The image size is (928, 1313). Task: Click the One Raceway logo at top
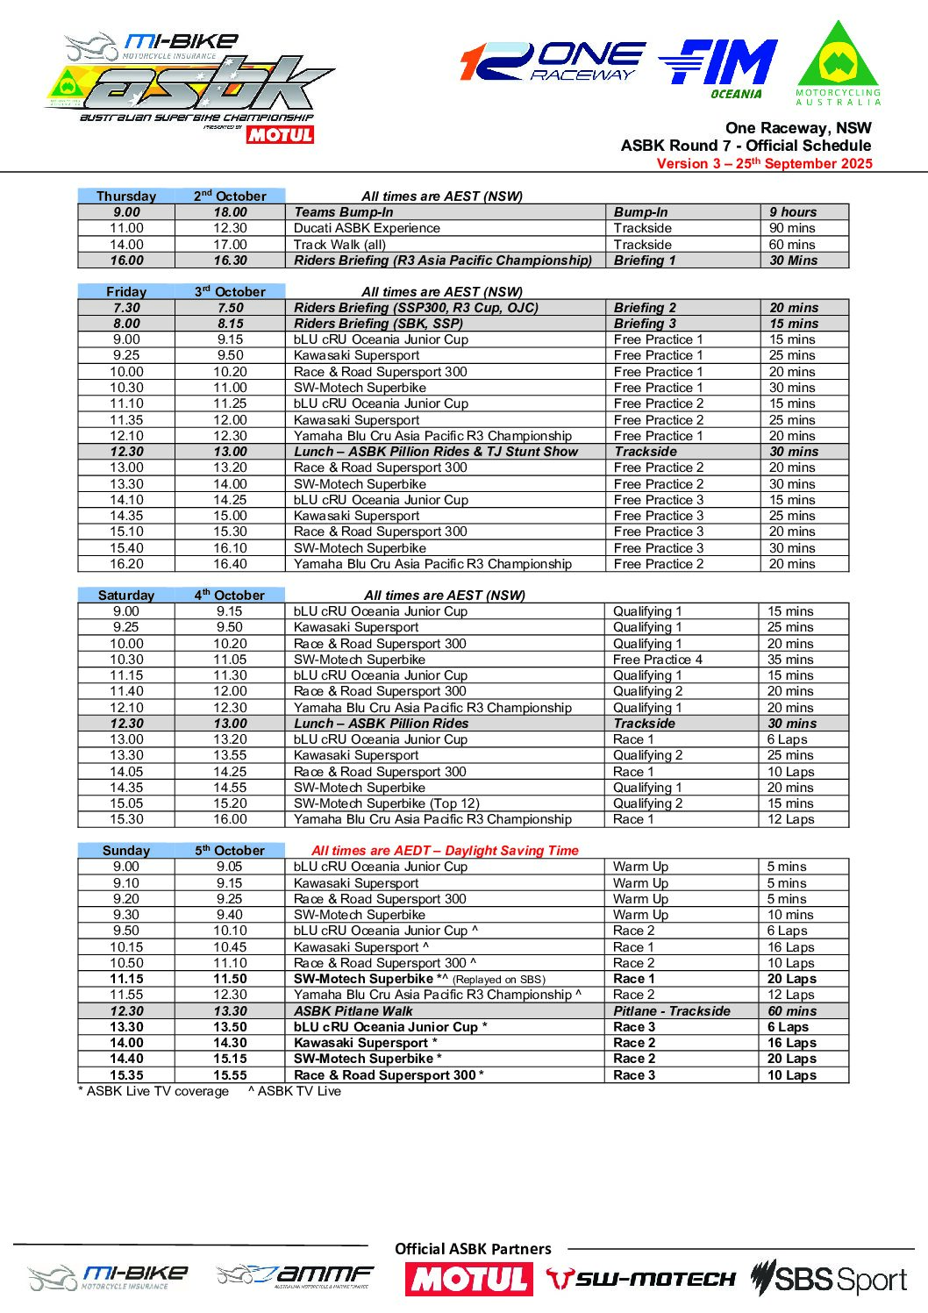coord(553,61)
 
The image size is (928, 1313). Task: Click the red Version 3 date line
coord(764,163)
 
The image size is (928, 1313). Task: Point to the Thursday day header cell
coord(126,196)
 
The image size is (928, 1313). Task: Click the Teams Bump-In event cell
coord(444,212)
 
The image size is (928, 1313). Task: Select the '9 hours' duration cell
coord(803,212)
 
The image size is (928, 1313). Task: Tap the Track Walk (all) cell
coord(444,245)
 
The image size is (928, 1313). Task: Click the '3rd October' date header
coord(230,291)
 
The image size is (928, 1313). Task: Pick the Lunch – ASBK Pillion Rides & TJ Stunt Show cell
coord(444,452)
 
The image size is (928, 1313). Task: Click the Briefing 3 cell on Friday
coord(682,324)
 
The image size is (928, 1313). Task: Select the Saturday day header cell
coord(126,595)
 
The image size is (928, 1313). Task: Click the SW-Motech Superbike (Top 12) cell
coord(444,803)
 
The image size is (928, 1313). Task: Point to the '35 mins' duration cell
coord(803,660)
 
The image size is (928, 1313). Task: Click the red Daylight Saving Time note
coord(445,850)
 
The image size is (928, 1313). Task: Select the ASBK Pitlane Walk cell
coord(444,1011)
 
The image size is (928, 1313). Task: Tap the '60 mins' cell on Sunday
coord(803,1011)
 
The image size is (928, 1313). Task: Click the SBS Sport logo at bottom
coord(828,1280)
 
